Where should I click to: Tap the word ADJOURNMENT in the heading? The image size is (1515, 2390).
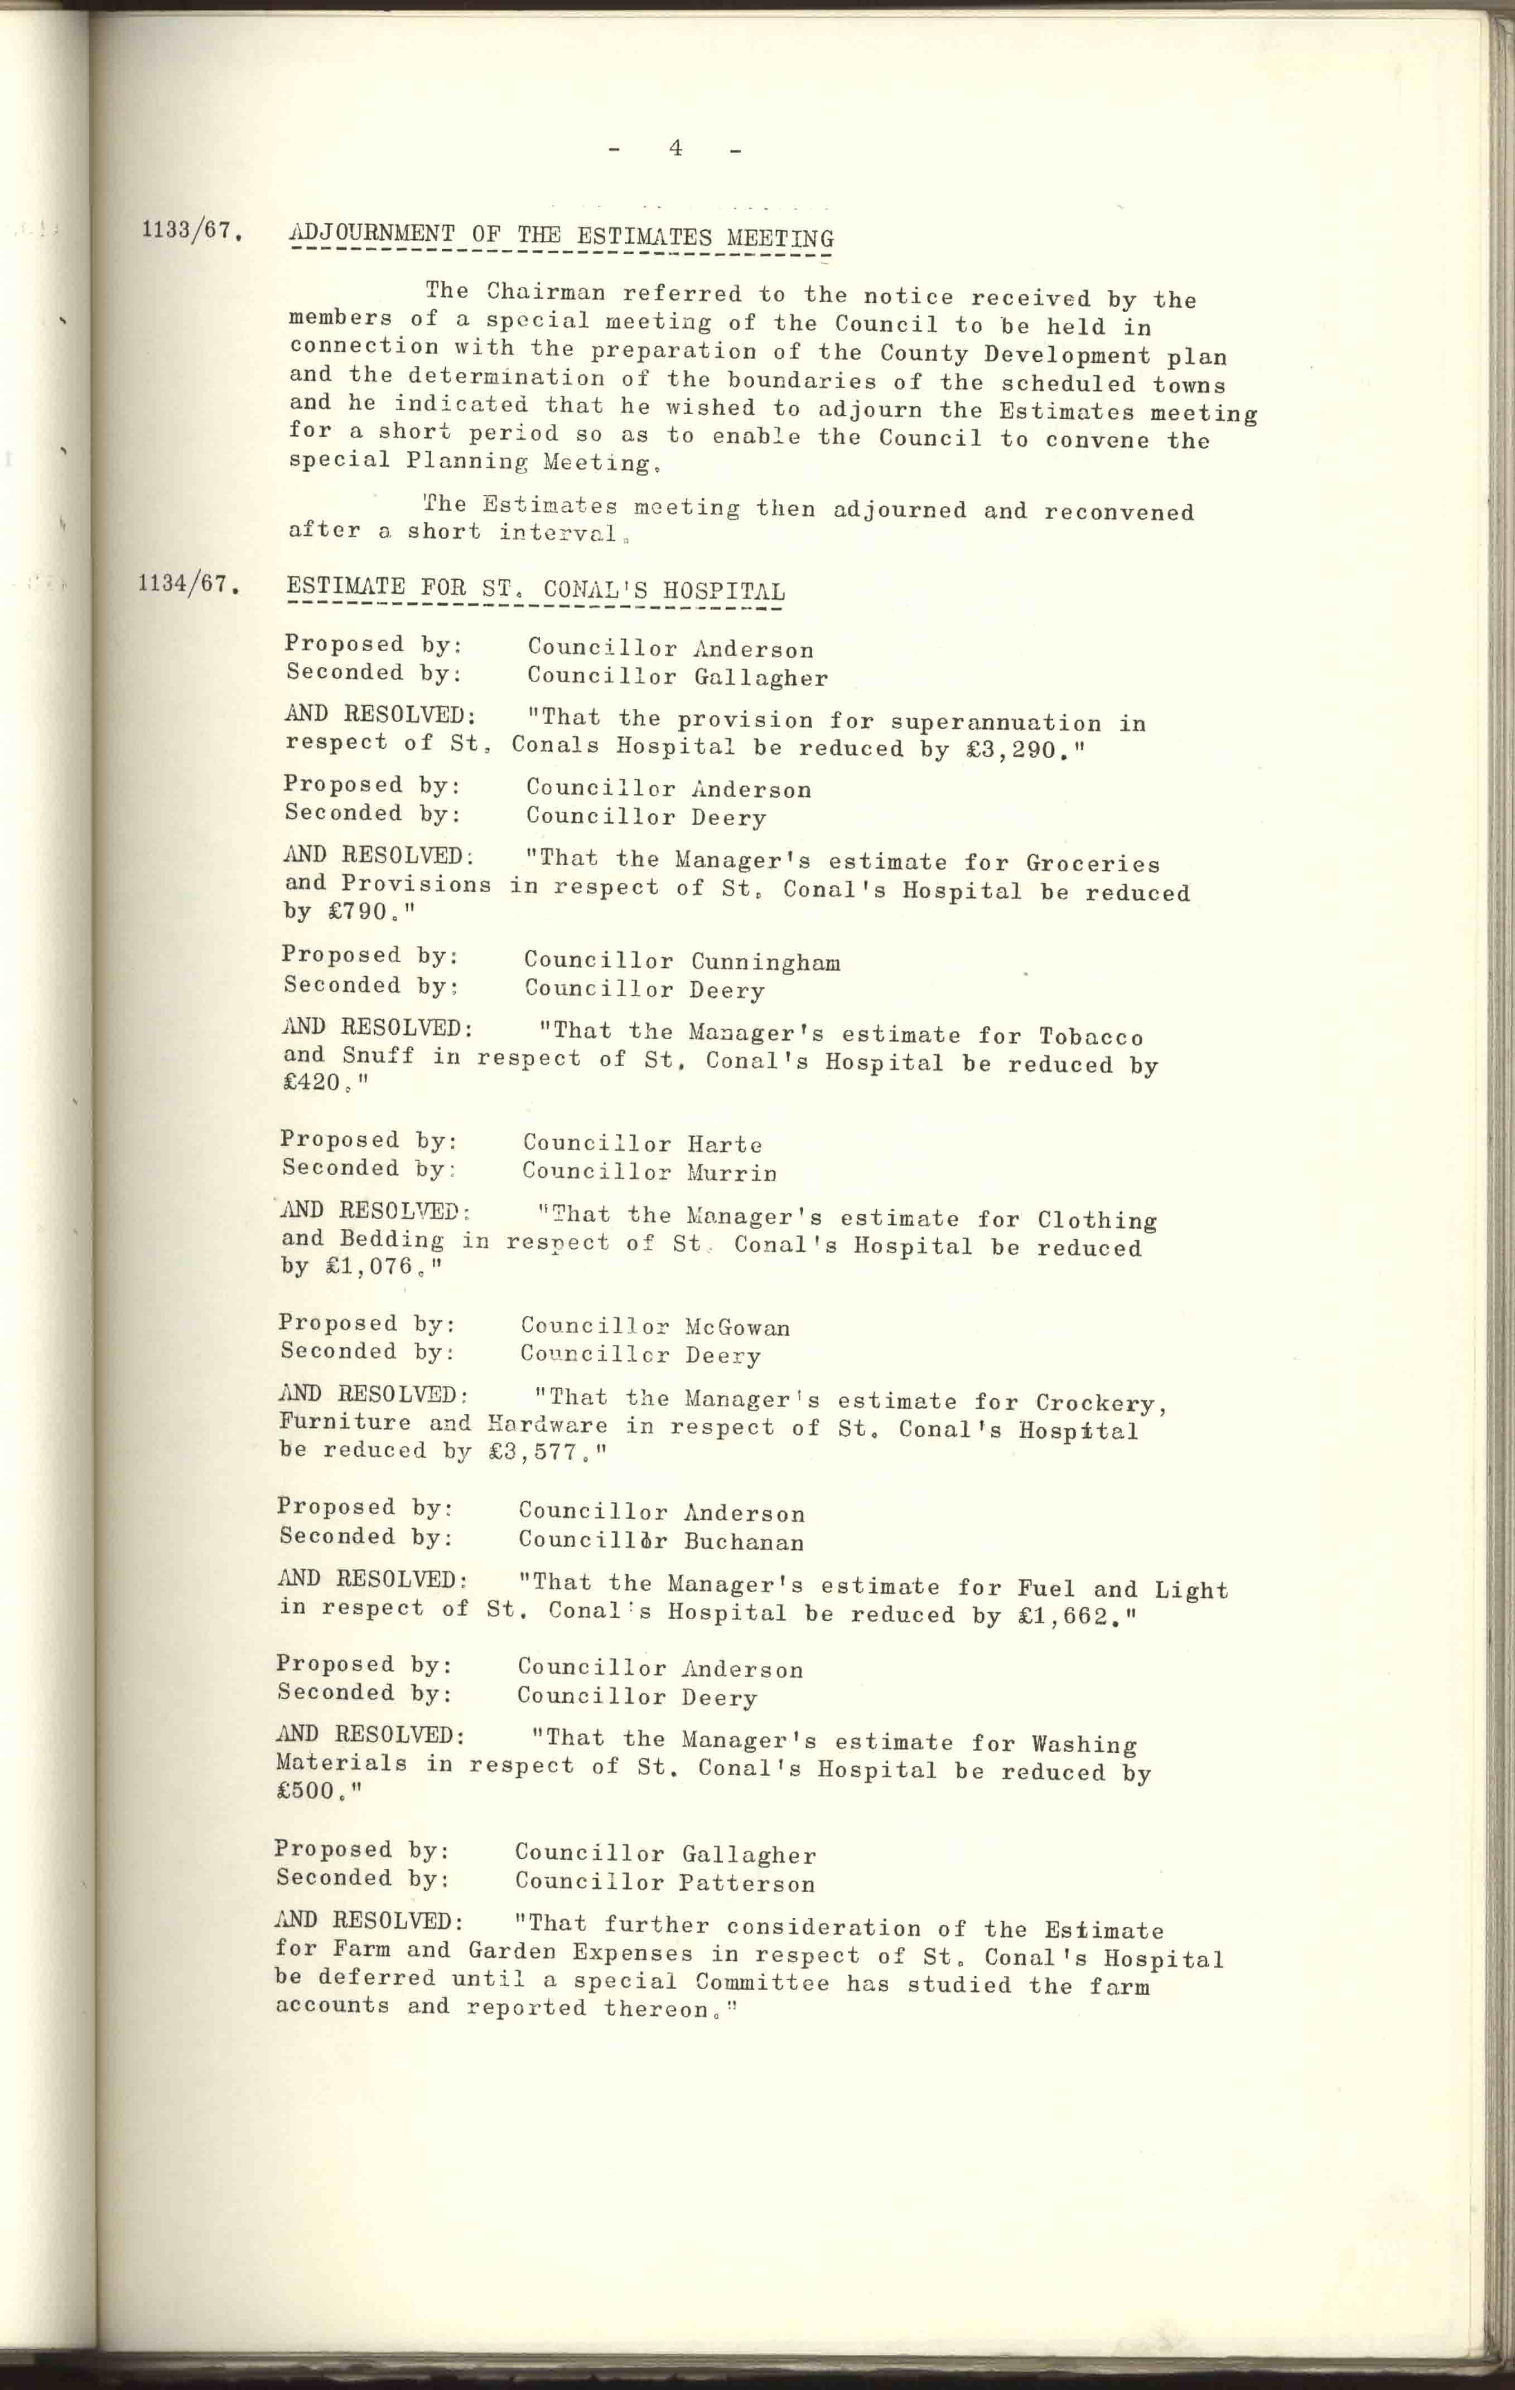[371, 235]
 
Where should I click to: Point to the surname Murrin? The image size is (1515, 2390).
[731, 1173]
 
